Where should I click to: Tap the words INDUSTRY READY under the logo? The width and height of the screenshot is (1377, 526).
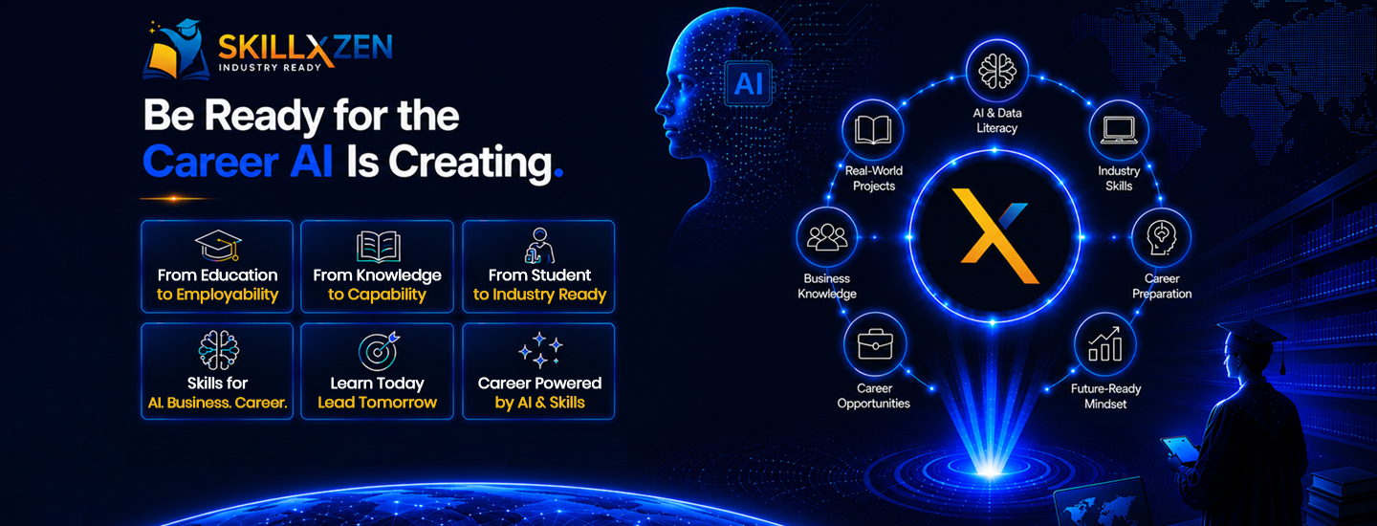click(x=270, y=68)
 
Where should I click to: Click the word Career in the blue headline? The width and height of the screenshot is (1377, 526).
click(x=210, y=163)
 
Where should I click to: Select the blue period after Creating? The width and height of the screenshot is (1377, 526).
click(x=558, y=174)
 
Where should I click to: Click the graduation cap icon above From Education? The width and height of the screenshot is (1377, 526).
click(x=218, y=246)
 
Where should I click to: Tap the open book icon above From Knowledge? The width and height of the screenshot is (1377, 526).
click(x=378, y=247)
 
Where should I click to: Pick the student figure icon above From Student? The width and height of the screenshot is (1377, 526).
click(x=539, y=246)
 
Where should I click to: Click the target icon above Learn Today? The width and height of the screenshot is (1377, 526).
click(x=379, y=351)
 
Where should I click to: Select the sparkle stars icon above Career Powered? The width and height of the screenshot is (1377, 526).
click(x=539, y=349)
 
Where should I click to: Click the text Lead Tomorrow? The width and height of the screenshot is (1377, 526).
click(x=377, y=403)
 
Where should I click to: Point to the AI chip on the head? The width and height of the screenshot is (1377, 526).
click(x=748, y=83)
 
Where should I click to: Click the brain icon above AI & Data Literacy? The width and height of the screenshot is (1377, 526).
click(x=996, y=72)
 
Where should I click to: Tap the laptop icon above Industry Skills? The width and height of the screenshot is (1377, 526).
click(x=1118, y=130)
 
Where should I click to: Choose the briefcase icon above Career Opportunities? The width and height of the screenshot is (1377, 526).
click(x=875, y=344)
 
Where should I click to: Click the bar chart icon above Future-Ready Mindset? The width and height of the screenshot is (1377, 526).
click(x=1104, y=343)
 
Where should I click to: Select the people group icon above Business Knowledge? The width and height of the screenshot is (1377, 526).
click(x=827, y=237)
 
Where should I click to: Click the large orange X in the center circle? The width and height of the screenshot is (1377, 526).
click(x=994, y=236)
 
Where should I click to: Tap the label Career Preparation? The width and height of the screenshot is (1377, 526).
click(x=1162, y=286)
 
